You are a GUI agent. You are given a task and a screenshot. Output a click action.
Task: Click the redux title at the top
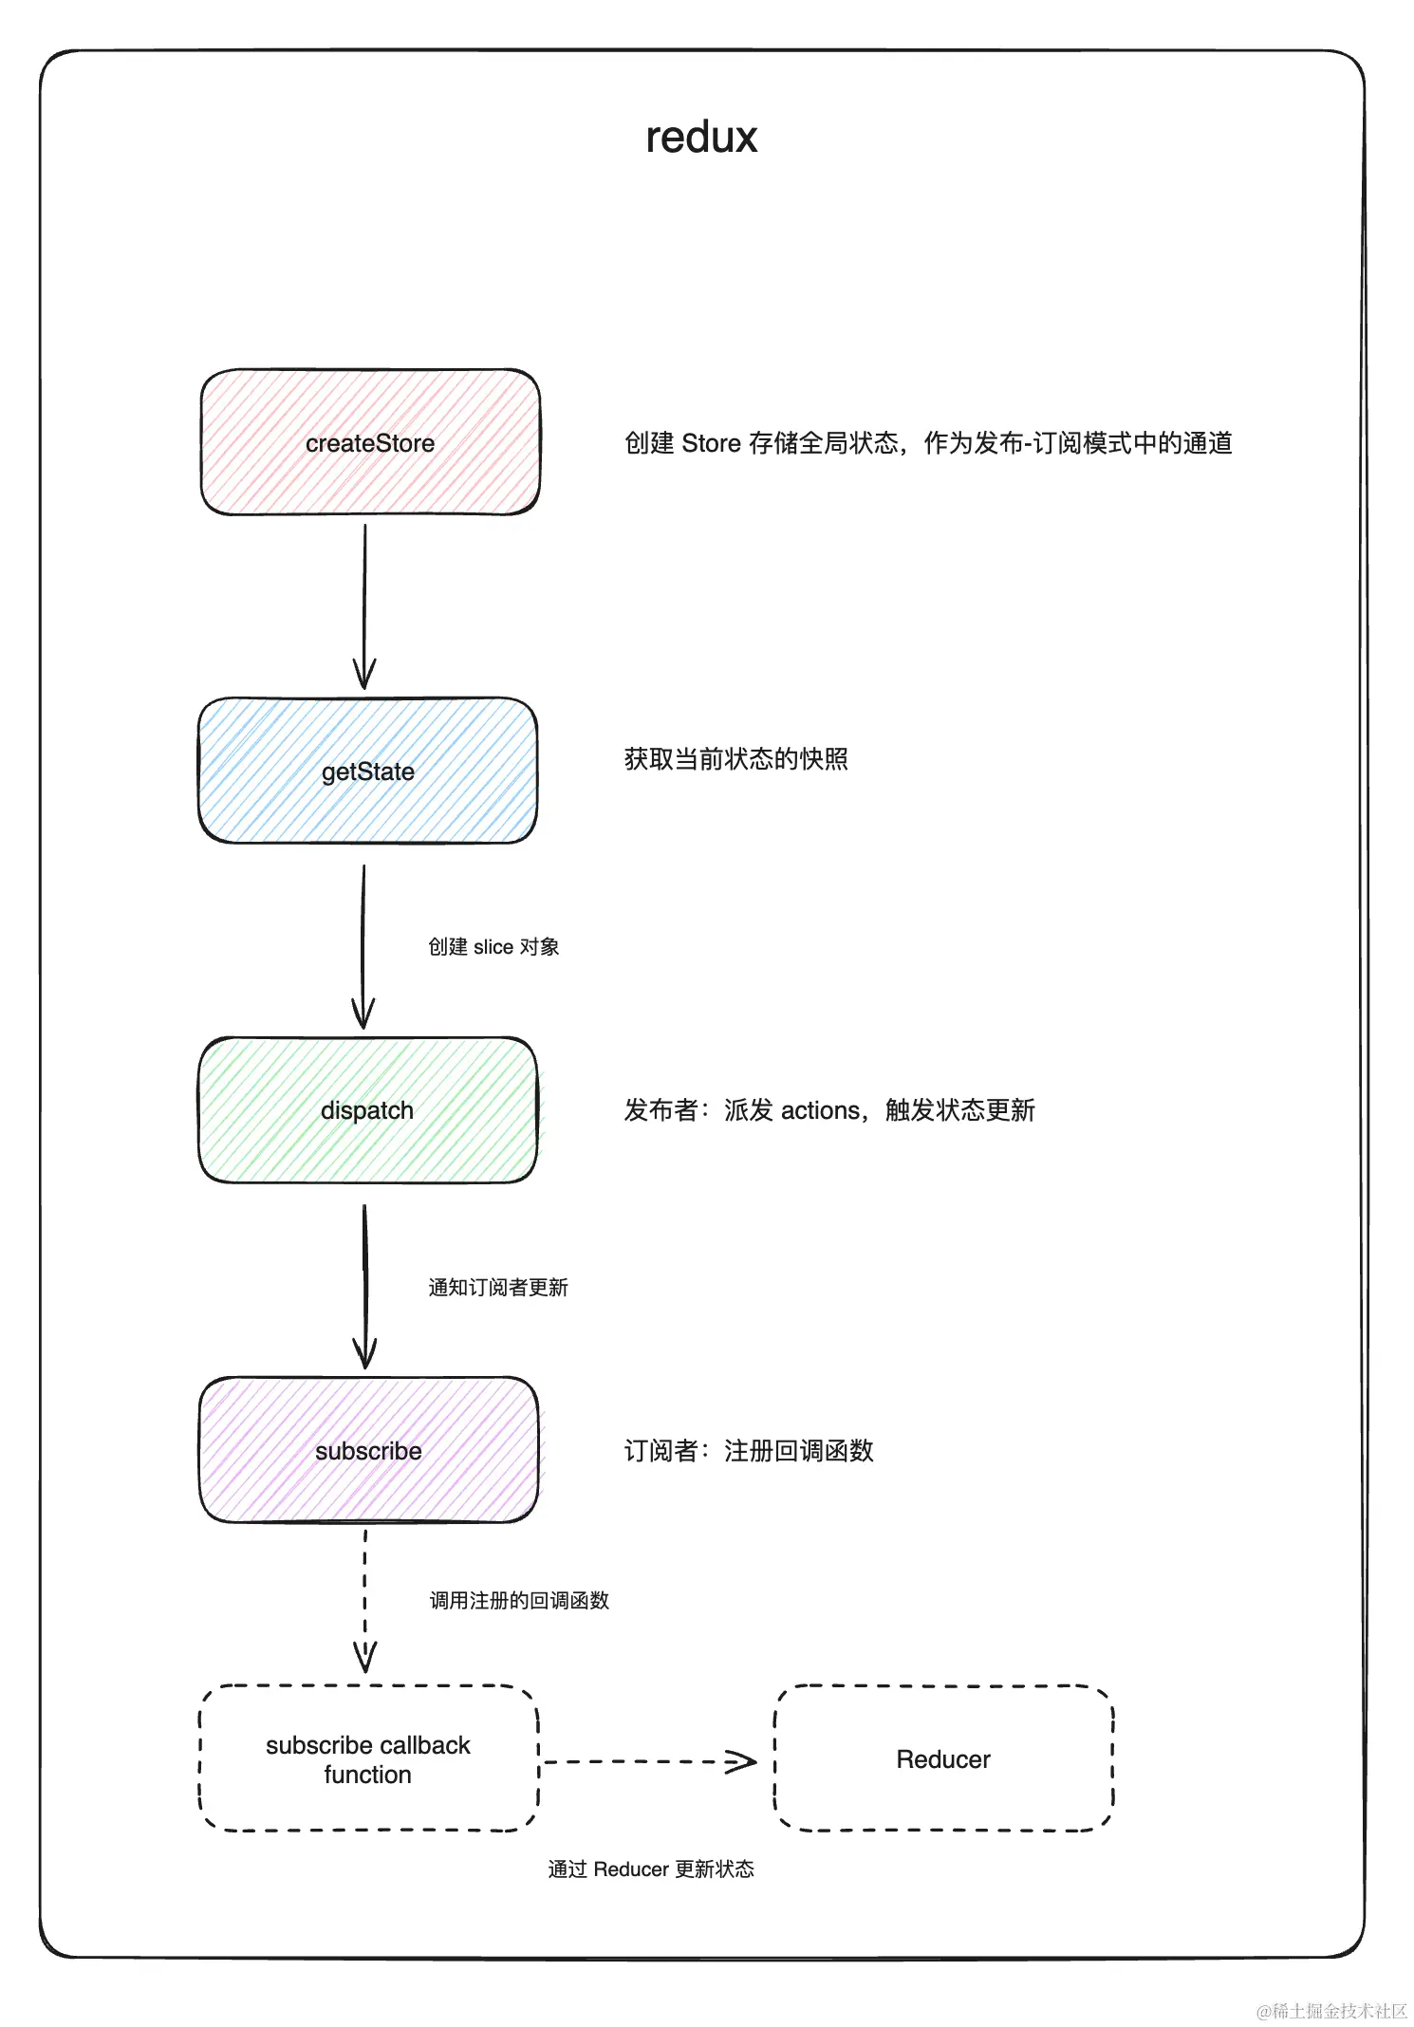click(x=701, y=138)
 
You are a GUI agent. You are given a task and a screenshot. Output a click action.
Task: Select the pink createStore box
click(x=370, y=443)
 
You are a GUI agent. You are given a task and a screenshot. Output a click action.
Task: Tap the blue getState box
click(x=368, y=771)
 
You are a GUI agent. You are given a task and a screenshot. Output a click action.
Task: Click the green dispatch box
click(x=367, y=1110)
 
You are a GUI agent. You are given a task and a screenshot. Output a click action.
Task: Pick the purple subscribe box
click(x=368, y=1450)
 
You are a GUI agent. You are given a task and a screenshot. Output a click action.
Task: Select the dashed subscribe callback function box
click(x=368, y=1758)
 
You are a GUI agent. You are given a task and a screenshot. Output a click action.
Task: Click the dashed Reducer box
click(x=943, y=1758)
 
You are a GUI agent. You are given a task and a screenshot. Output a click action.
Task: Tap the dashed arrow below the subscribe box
click(x=365, y=1599)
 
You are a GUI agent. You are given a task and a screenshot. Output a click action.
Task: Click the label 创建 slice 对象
click(x=493, y=947)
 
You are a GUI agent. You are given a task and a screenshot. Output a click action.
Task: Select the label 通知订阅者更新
click(x=498, y=1288)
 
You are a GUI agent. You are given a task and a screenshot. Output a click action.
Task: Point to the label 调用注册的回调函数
click(x=519, y=1601)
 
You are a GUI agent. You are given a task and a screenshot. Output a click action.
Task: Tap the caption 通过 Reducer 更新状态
click(x=651, y=1869)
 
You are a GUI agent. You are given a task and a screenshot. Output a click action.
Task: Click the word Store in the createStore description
click(x=711, y=443)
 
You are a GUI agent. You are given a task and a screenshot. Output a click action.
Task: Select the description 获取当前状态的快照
click(x=736, y=759)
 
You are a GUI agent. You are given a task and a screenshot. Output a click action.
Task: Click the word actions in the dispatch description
click(x=820, y=1110)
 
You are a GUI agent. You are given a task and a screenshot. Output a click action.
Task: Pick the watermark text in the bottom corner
click(x=1332, y=2010)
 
